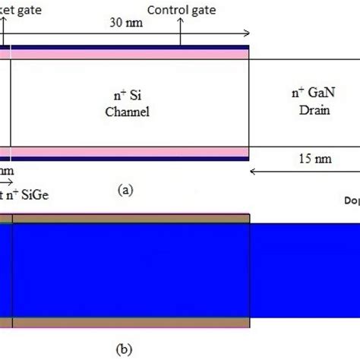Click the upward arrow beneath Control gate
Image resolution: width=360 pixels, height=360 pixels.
tap(181, 30)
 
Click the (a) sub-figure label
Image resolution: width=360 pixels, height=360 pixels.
tap(124, 191)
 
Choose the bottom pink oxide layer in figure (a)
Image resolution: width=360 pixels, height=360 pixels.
tap(129, 152)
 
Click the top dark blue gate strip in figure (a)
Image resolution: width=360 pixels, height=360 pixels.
tap(129, 48)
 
